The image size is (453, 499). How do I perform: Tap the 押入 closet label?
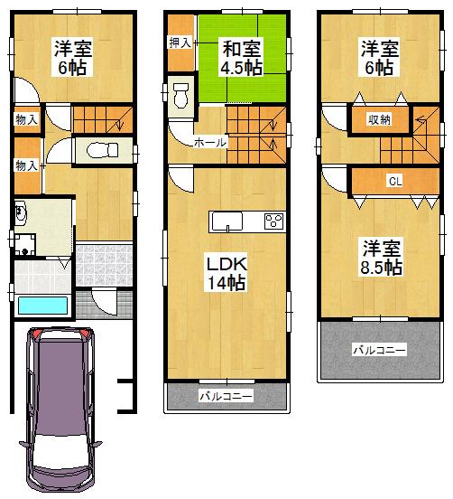[179, 42]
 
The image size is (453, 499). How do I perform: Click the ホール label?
[209, 143]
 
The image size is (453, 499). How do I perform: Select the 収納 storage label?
[378, 119]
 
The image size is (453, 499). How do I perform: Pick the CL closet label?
[394, 180]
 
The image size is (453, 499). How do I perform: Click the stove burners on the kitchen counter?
[273, 221]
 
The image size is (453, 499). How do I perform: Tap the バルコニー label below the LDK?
[226, 396]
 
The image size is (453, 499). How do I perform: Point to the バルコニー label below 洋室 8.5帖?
[379, 349]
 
